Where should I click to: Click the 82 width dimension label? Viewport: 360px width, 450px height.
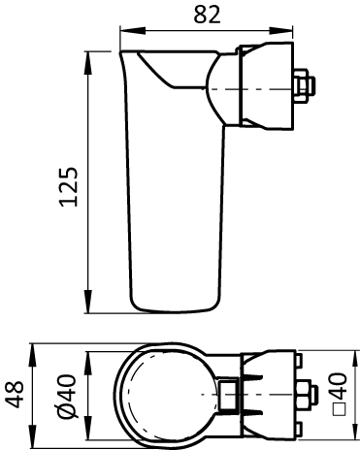pos(207,15)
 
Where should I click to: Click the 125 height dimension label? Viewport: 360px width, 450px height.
pos(69,186)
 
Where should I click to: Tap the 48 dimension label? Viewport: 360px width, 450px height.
pos(15,394)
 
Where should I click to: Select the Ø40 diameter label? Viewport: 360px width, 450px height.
pos(67,396)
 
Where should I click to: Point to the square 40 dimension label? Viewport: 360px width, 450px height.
pos(340,394)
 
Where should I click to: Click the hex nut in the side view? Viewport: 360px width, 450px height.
pos(304,85)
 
